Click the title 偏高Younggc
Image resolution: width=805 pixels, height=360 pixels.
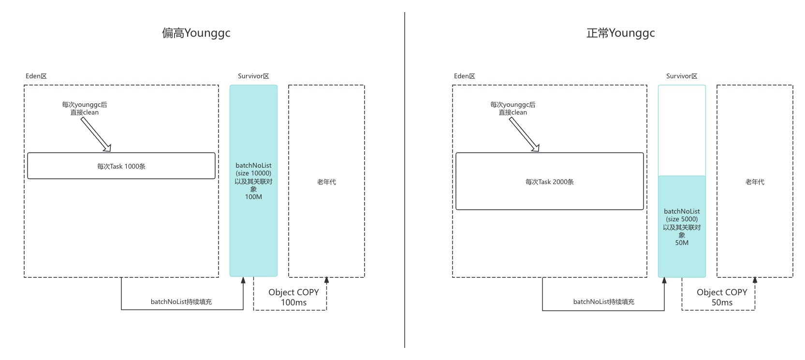[x=196, y=33]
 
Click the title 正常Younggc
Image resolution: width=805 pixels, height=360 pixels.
[x=620, y=33]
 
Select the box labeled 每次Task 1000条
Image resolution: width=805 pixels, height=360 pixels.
[x=121, y=166]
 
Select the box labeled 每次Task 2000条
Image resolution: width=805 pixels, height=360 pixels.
[x=549, y=182]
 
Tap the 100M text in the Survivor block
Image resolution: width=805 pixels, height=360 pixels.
[x=253, y=197]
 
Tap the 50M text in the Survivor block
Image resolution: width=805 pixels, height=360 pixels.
[x=682, y=243]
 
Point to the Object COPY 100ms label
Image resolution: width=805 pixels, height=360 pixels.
[x=293, y=297]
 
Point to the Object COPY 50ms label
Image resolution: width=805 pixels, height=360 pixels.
[x=722, y=297]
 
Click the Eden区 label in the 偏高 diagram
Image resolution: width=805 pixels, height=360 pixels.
[x=36, y=76]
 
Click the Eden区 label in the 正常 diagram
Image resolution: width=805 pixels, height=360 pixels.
[x=464, y=76]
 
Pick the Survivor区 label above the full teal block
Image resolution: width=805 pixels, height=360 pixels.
[x=253, y=76]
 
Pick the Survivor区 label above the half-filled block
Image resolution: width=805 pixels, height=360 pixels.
[x=682, y=76]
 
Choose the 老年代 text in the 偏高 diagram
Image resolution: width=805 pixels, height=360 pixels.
[x=326, y=182]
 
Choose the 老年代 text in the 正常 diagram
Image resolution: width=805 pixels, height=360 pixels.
[x=755, y=182]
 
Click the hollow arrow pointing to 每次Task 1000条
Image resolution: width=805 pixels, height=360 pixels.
[x=96, y=134]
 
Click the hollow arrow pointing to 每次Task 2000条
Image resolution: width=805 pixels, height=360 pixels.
[x=524, y=134]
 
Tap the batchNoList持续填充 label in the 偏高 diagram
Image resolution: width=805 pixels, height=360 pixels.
[x=181, y=302]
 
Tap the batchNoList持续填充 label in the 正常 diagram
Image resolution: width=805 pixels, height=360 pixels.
[x=604, y=302]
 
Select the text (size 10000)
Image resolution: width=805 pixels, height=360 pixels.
[x=253, y=173]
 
